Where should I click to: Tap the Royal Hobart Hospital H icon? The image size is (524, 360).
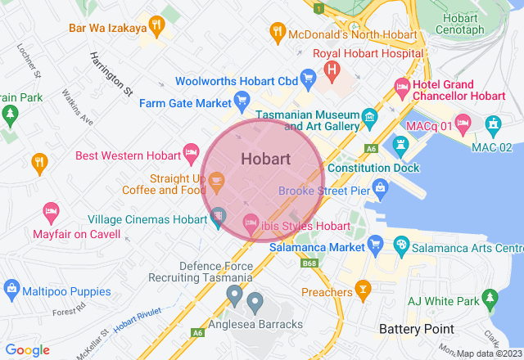pos(332,70)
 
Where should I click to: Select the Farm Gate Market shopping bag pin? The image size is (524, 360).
pos(242,102)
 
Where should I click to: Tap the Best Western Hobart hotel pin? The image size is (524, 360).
pos(192,152)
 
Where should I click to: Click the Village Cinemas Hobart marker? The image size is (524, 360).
pos(218,218)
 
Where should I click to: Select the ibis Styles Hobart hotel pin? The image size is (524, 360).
pos(251,223)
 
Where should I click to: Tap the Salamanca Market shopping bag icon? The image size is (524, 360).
pos(376,244)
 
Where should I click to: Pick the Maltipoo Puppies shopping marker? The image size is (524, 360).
pos(11,288)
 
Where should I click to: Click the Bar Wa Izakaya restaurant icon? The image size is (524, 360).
pos(157,25)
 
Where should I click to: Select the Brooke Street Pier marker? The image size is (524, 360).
pos(381,188)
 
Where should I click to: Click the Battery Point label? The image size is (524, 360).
pos(417,328)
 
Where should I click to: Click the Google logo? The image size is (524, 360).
pos(28,350)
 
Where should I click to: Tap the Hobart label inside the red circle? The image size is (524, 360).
pos(265,158)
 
